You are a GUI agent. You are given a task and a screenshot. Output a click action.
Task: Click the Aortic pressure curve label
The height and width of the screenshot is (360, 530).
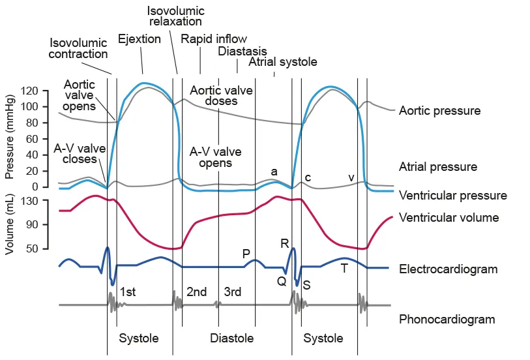(x=439, y=111)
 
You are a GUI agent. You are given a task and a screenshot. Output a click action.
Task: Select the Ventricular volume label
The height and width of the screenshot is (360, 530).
(x=449, y=218)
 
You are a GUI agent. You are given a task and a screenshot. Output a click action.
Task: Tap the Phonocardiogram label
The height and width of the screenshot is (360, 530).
(x=447, y=320)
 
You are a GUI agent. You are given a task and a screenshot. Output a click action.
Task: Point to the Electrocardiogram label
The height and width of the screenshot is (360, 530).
(x=448, y=269)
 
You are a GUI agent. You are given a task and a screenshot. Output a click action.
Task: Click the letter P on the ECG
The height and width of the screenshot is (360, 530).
(x=246, y=254)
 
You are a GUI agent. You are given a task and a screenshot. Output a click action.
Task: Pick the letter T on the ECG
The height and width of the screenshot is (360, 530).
(x=344, y=267)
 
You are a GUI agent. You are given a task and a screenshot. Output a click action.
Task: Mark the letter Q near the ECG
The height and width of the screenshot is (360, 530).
(x=282, y=281)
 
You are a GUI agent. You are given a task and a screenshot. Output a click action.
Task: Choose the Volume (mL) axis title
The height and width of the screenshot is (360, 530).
(x=10, y=224)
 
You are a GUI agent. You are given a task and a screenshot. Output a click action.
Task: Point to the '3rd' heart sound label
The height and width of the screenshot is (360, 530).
(x=233, y=292)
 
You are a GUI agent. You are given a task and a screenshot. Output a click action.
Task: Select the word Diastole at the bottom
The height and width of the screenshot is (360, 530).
(x=231, y=338)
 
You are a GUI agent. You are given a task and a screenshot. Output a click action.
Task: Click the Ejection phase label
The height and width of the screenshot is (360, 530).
(x=140, y=39)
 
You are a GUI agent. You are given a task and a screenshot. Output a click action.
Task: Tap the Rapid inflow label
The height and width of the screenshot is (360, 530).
(x=214, y=39)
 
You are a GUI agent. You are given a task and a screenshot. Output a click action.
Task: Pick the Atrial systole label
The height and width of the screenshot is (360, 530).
(x=283, y=63)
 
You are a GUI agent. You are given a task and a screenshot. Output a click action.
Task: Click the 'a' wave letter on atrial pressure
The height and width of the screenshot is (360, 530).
(x=274, y=172)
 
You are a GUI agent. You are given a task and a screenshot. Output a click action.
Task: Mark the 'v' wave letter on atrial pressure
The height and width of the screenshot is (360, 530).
(x=351, y=177)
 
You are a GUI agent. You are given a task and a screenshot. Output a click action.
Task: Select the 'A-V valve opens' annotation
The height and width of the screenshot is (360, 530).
(x=215, y=157)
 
